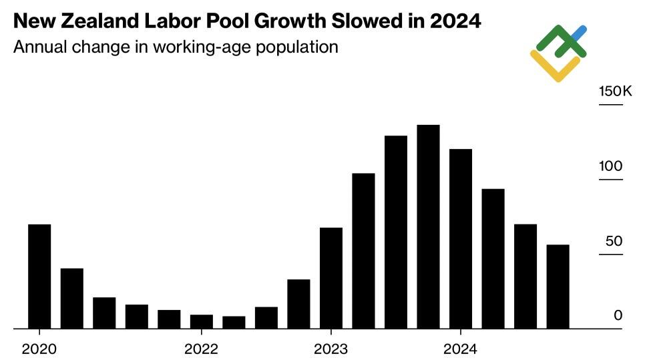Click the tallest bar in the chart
428,226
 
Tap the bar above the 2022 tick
201,321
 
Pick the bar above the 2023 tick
331,278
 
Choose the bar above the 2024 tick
461,238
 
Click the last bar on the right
558,287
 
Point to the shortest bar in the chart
234,322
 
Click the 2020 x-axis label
39,349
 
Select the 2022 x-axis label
201,349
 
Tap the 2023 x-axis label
331,349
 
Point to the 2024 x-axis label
461,349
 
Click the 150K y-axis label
615,92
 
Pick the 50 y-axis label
614,241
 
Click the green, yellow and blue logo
559,53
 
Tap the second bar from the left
72,298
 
